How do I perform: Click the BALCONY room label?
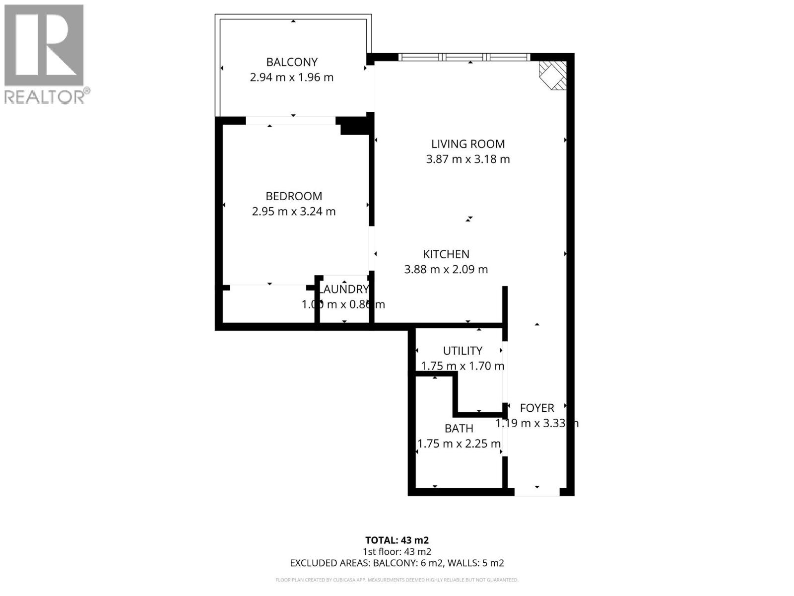tap(292, 62)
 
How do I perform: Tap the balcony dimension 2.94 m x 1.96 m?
tap(292, 77)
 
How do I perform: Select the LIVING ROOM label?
tap(468, 144)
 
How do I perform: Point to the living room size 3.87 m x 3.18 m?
tap(468, 159)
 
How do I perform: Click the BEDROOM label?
tap(294, 196)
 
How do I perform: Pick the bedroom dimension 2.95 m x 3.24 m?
tap(294, 212)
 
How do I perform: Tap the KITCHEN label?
tap(446, 254)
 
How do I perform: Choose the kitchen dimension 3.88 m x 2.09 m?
tap(446, 270)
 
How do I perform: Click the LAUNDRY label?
tap(344, 290)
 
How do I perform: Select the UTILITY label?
tap(463, 351)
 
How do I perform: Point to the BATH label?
tap(459, 429)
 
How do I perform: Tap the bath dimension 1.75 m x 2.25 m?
tap(459, 444)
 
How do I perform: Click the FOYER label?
tap(537, 408)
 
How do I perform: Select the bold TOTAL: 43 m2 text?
tap(397, 540)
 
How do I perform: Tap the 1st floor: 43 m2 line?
tap(397, 552)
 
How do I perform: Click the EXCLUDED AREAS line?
tap(397, 563)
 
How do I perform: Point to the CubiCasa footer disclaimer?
tap(397, 580)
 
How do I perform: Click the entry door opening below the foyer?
tap(537, 492)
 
